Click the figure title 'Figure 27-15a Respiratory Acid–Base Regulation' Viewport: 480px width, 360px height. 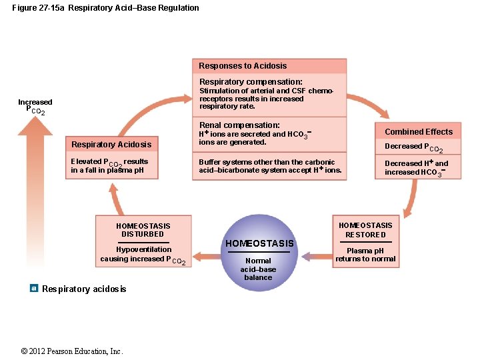click(105, 8)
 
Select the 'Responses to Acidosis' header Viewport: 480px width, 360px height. click(243, 66)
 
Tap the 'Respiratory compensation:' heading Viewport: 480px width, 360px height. click(251, 82)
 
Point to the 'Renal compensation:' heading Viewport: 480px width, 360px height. click(239, 125)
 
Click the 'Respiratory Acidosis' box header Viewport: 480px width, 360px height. click(111, 145)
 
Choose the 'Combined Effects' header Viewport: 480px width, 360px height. click(418, 132)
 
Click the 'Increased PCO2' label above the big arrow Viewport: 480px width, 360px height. click(35, 106)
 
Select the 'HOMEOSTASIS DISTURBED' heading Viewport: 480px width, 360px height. click(143, 230)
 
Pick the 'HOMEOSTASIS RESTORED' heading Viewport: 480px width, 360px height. click(365, 230)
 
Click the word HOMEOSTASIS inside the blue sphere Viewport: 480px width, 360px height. click(259, 243)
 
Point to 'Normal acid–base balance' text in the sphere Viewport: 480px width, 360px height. click(258, 269)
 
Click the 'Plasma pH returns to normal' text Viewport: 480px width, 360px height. click(365, 255)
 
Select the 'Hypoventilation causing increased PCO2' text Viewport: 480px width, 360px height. click(143, 255)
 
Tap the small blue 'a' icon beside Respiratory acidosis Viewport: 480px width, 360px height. click(34, 288)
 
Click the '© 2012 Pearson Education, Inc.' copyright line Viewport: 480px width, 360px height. click(72, 351)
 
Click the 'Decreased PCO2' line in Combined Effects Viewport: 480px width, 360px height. click(413, 147)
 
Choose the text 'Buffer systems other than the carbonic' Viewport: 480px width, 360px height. click(267, 162)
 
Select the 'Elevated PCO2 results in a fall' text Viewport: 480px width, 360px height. click(109, 162)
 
